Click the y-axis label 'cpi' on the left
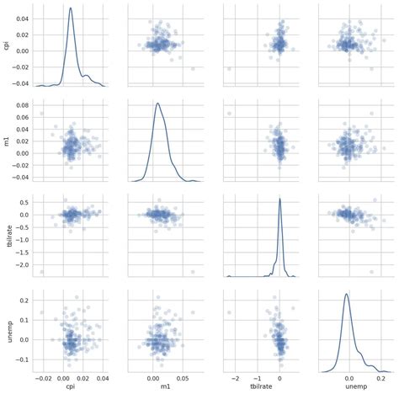click(8, 47)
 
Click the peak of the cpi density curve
click(70, 8)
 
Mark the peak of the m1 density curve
click(157, 104)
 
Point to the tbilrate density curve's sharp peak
click(279, 199)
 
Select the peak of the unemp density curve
click(346, 294)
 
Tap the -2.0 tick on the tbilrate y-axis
click(23, 264)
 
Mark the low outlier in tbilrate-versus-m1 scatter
click(193, 272)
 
